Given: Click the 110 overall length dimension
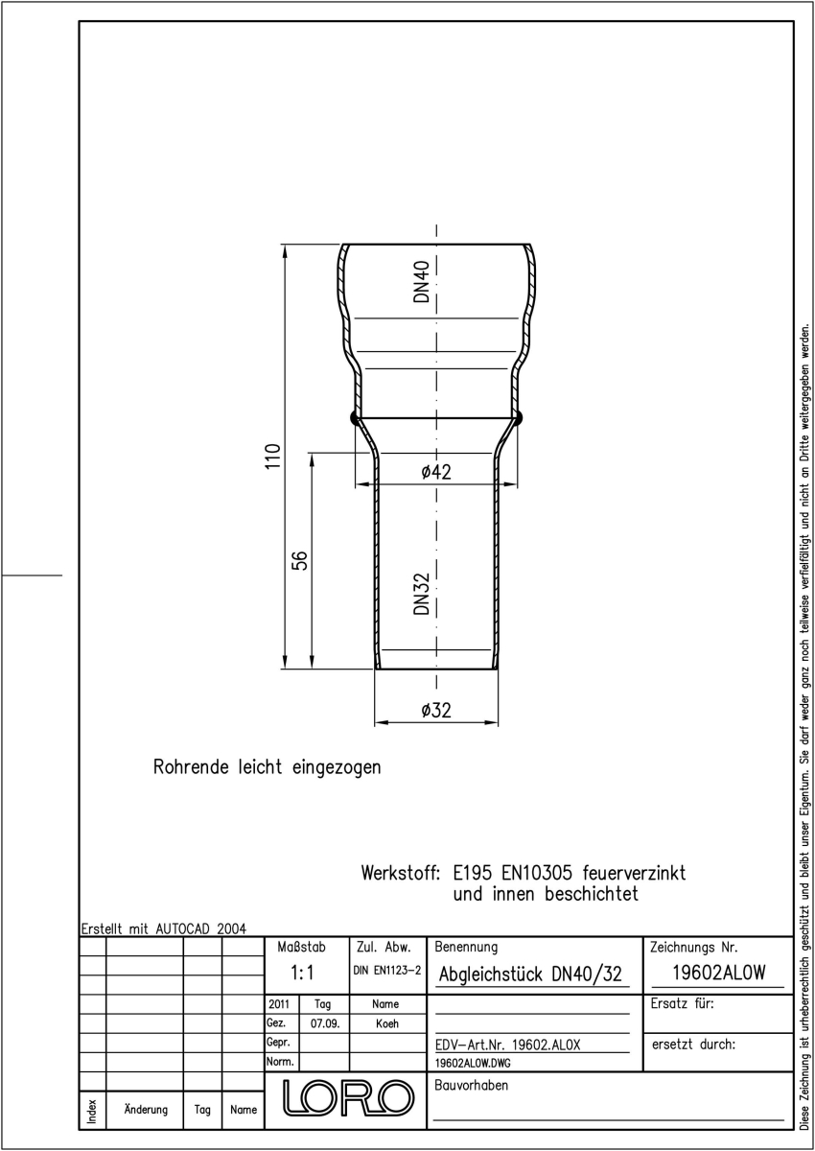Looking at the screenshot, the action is point(272,456).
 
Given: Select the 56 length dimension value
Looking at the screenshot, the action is point(299,560).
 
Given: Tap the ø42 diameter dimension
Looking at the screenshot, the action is point(436,472).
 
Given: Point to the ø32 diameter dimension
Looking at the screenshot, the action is point(436,710).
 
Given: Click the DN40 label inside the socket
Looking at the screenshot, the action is point(422,282).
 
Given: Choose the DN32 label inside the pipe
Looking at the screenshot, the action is point(422,594).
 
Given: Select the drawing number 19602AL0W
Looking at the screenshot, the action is point(718,973).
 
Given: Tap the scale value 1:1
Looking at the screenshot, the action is point(302,973).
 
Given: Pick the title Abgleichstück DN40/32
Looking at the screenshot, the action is point(530,974).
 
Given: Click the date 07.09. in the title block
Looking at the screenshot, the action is point(325,1023).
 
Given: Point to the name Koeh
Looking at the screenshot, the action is point(386,1023).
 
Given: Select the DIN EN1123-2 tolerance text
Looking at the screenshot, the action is point(386,970).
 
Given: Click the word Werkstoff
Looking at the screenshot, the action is point(401,873).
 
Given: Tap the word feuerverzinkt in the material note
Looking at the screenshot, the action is point(634,873).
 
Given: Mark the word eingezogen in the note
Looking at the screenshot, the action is point(337,767).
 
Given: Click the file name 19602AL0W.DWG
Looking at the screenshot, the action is point(473,1063).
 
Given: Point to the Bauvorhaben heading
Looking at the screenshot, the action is point(471,1085).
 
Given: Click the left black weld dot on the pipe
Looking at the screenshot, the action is point(356,418).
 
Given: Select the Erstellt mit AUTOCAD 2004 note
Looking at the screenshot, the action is point(164,928).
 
